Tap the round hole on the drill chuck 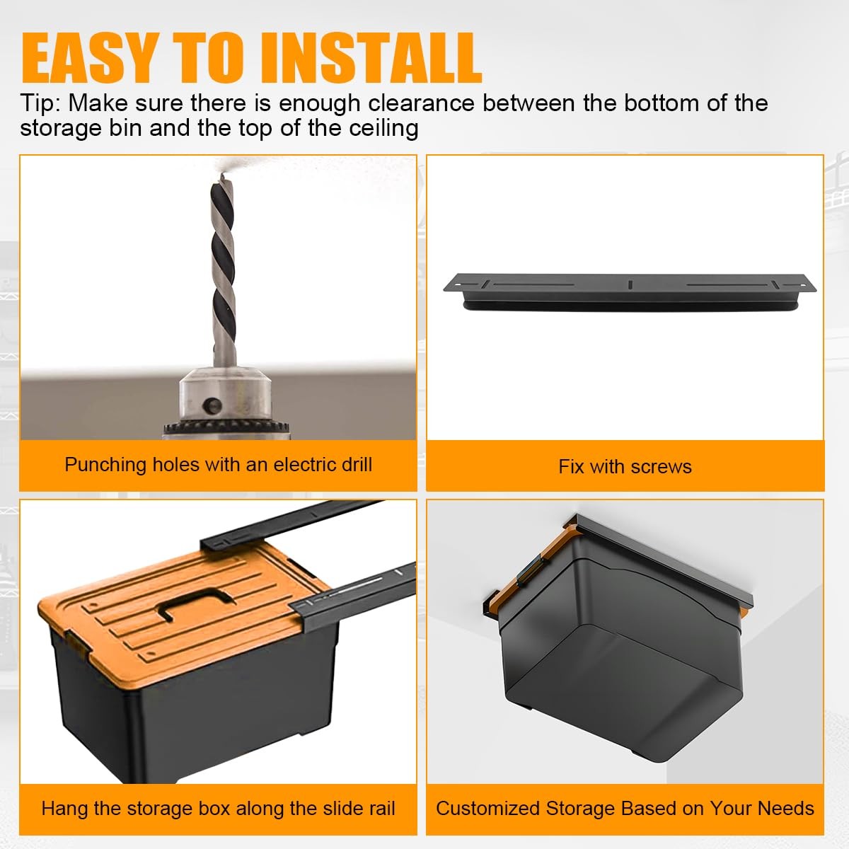click(213, 405)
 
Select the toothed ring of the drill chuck click(226, 427)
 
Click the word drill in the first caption click(358, 465)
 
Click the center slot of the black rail click(630, 284)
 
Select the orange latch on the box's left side click(79, 640)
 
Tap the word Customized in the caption click(487, 809)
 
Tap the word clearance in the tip click(421, 104)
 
